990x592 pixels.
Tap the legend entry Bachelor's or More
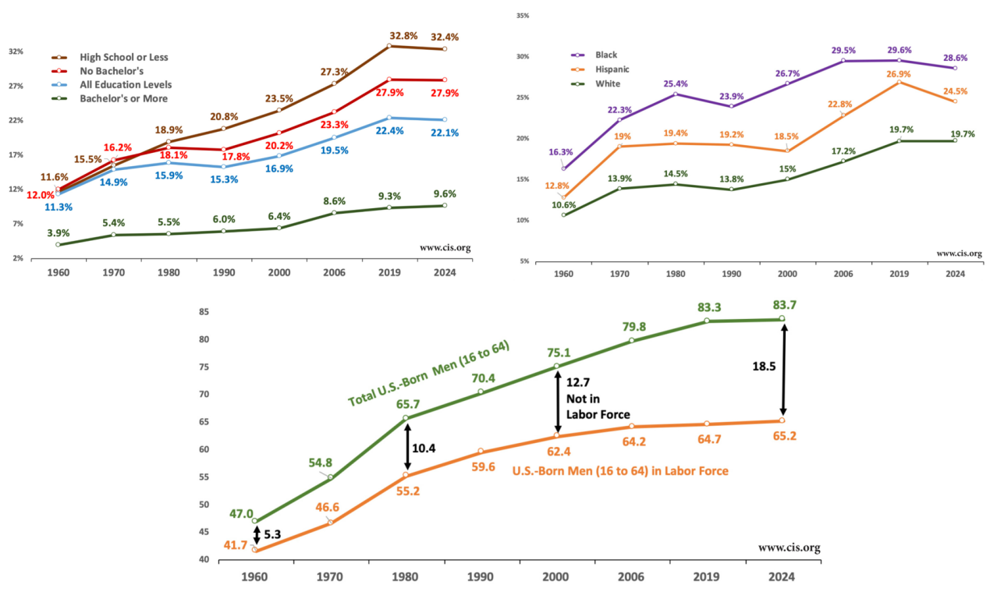(123, 98)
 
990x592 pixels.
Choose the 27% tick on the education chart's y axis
(16, 86)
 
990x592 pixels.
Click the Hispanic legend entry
(612, 69)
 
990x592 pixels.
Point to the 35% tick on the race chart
(523, 16)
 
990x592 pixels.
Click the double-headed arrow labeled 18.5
(784, 370)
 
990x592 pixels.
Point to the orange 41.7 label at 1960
(234, 545)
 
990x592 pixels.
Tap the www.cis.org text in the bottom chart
(789, 548)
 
